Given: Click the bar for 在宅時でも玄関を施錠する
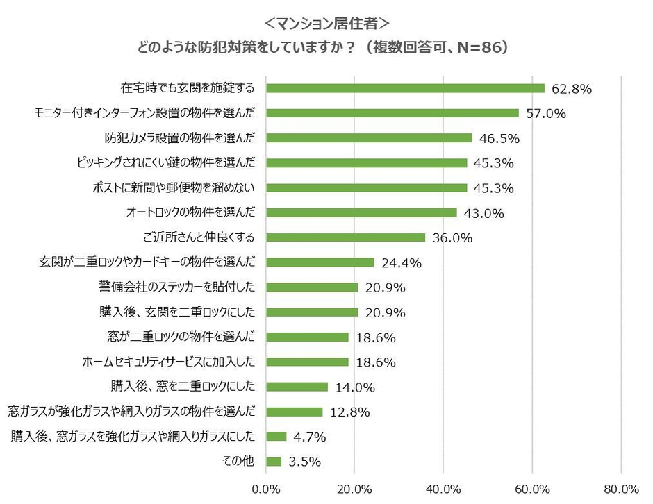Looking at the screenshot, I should click(405, 88).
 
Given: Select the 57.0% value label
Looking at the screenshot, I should click(545, 113).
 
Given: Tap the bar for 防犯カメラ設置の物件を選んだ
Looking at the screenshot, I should click(369, 138).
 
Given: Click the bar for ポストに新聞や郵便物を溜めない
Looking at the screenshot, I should click(367, 187).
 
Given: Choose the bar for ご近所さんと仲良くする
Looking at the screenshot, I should click(346, 237).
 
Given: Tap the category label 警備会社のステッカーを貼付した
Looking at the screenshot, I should click(177, 287).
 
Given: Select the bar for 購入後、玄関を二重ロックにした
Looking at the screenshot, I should click(313, 312).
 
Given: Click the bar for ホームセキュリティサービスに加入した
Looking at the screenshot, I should click(308, 362).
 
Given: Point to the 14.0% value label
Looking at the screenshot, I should click(355, 387).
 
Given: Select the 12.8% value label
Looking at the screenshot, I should click(349, 412).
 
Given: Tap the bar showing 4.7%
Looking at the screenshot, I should click(276, 437).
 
